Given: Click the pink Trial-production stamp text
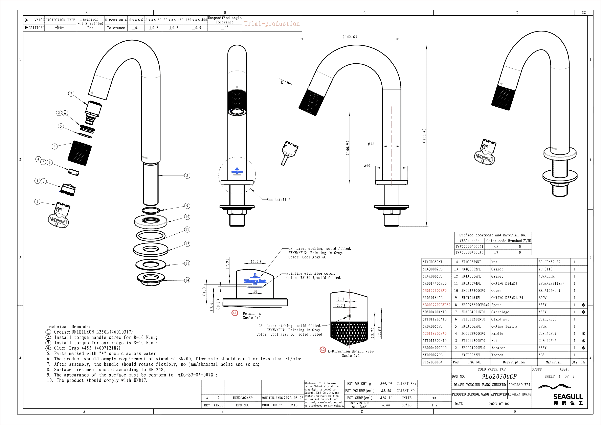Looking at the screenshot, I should [x=271, y=24].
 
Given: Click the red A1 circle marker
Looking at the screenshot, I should [x=235, y=313].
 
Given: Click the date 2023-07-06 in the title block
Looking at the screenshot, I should [x=499, y=404].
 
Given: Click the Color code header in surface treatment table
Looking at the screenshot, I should [x=496, y=241].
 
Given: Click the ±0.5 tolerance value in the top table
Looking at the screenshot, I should [x=174, y=28].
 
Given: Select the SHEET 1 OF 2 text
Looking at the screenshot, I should [x=560, y=376].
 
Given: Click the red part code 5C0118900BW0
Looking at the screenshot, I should [x=435, y=334].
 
